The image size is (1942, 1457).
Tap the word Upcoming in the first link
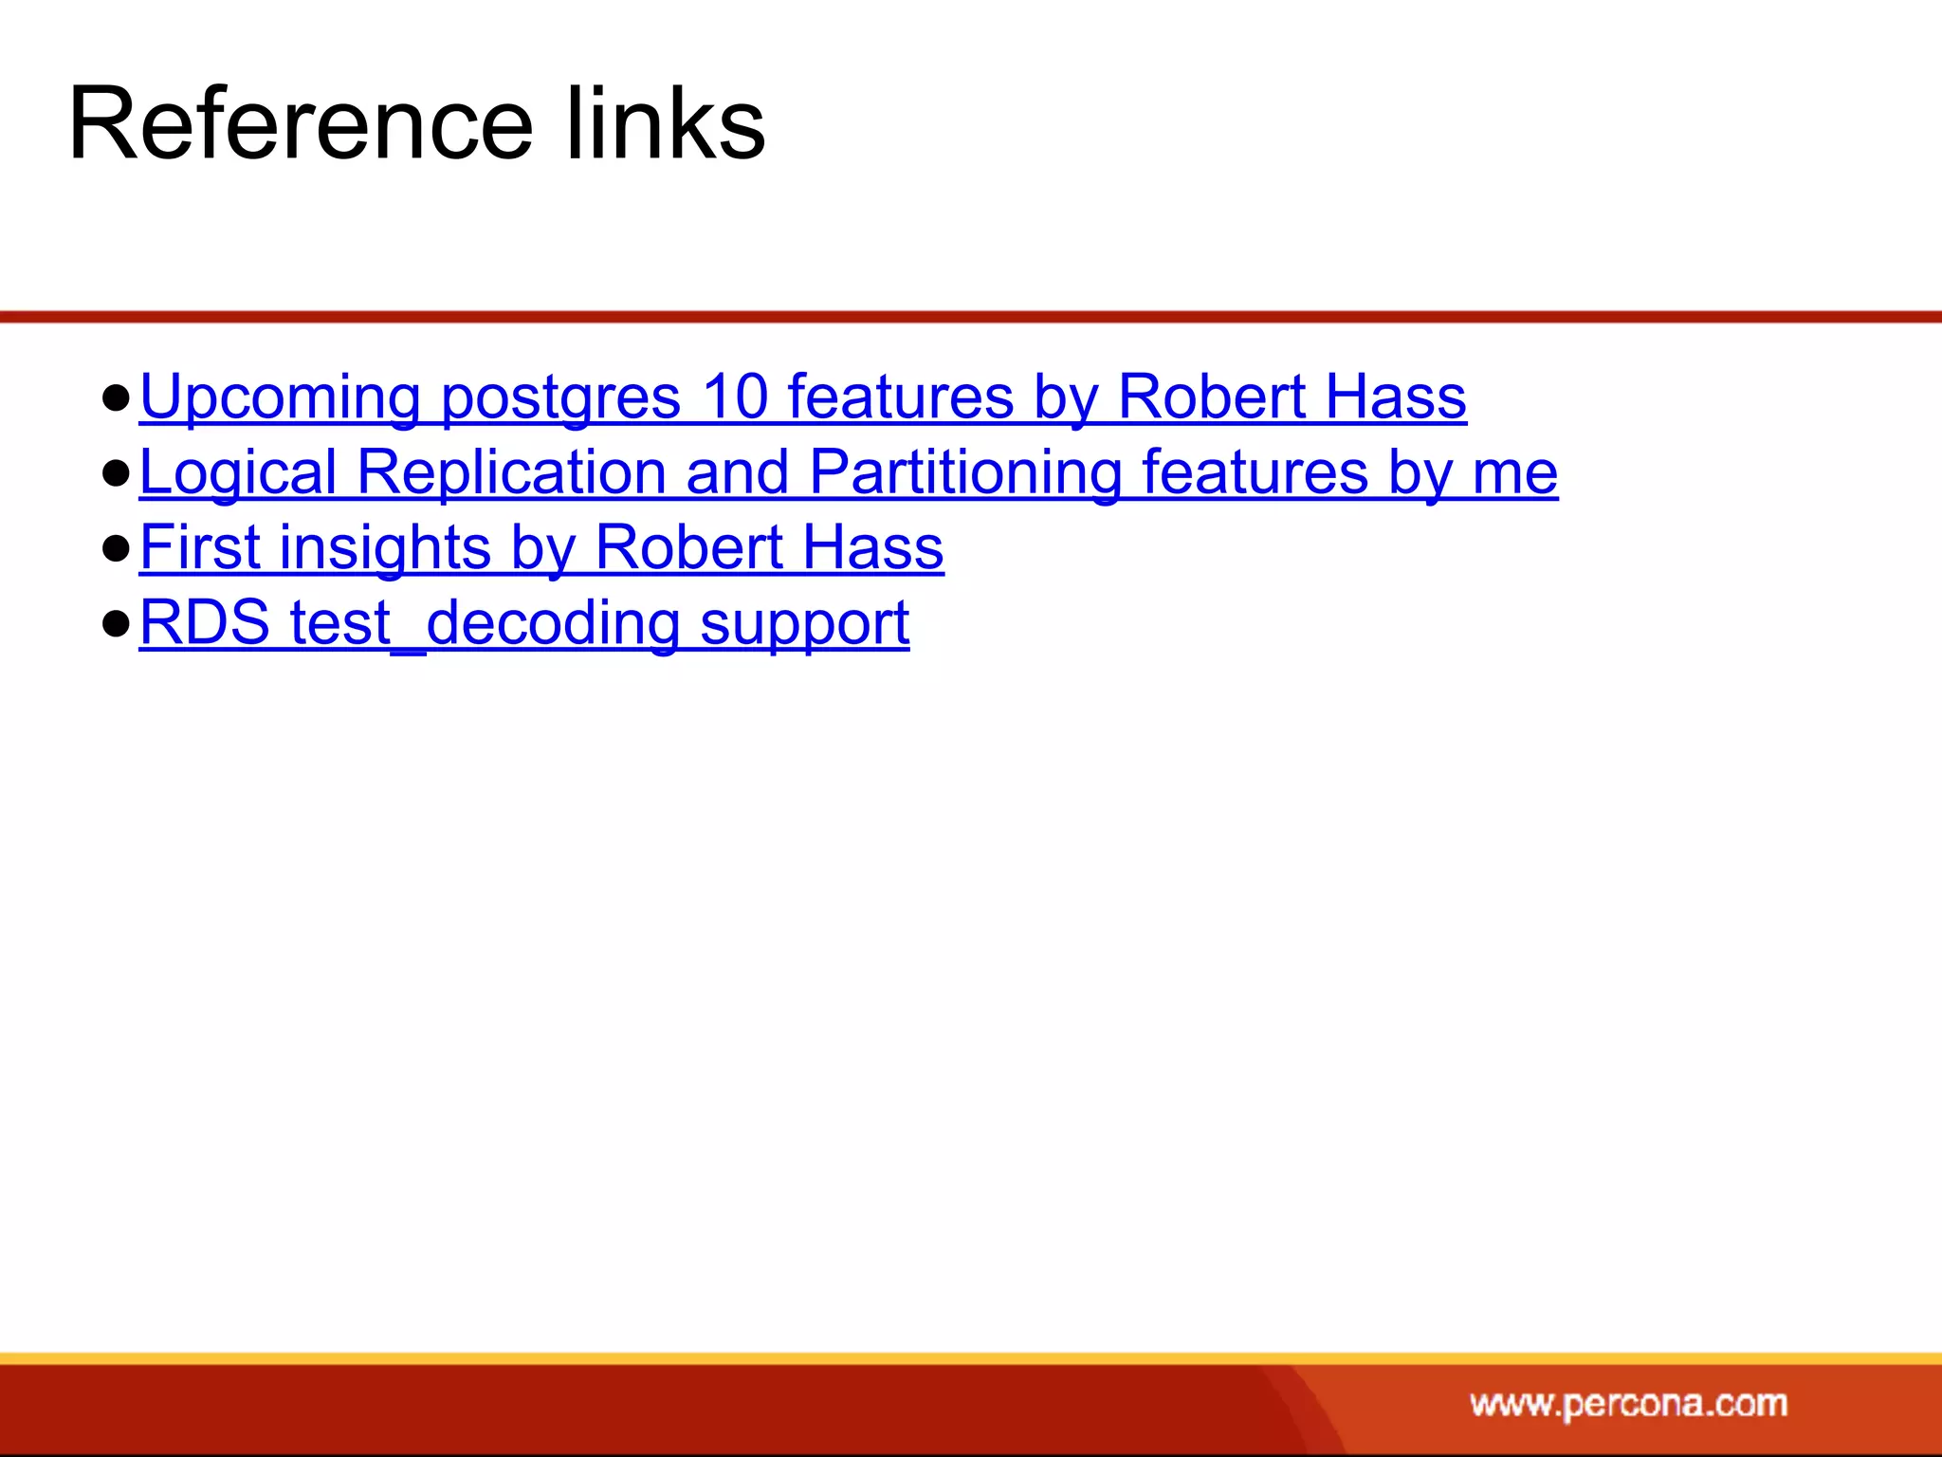280,397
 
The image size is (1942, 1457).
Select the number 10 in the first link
735,397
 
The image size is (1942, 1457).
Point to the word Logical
238,472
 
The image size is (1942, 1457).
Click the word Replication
512,472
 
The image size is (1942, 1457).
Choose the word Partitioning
965,472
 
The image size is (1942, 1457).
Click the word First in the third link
199,547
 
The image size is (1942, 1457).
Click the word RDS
205,623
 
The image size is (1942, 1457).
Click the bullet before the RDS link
116,624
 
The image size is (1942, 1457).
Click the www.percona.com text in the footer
1628,1403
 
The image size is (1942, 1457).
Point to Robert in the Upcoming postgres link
1211,397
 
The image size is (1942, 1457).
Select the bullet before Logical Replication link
116,473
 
